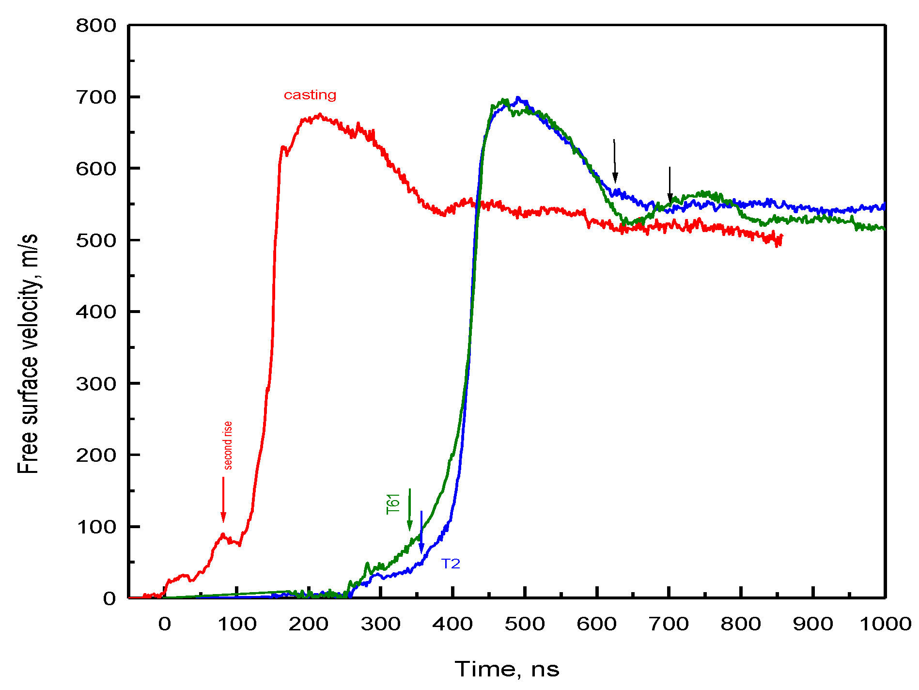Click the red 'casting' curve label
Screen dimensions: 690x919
(310, 95)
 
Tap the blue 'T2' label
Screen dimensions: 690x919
(451, 564)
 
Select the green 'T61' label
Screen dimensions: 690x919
(393, 503)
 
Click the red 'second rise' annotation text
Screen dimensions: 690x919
(227, 445)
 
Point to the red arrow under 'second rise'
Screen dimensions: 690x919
(223, 500)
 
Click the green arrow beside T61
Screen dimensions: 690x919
(410, 509)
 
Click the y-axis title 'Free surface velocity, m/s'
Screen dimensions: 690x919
(28, 354)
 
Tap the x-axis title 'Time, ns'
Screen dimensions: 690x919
(507, 669)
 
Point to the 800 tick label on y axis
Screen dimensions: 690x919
(96, 26)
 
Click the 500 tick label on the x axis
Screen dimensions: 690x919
(525, 624)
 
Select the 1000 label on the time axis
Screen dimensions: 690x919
(885, 624)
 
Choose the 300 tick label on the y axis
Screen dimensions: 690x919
(96, 384)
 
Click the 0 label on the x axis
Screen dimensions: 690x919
(165, 624)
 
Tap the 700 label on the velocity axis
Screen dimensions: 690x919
(96, 97)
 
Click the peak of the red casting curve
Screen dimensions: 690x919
(319, 115)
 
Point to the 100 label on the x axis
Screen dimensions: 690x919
(237, 624)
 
